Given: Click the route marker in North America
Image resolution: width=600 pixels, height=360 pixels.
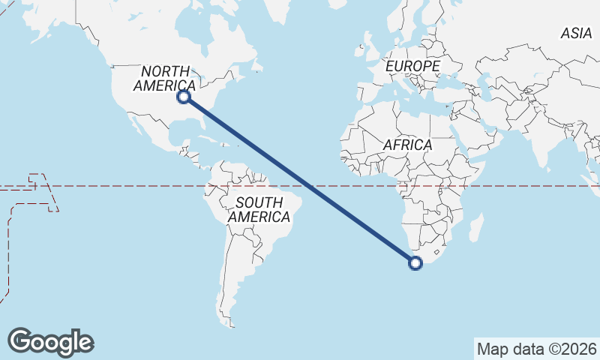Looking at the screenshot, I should (x=184, y=97).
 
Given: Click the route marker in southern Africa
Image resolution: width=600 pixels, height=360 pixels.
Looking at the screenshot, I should (x=415, y=262).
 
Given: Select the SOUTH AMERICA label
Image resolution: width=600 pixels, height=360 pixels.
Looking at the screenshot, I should (x=259, y=210).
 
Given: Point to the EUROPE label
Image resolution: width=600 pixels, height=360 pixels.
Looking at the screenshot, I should (x=412, y=67).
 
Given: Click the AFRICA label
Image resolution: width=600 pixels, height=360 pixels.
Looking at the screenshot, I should (x=407, y=145).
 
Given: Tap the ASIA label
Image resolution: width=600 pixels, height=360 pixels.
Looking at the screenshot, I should (x=576, y=33).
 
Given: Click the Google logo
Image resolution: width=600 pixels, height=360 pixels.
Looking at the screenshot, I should (x=50, y=341).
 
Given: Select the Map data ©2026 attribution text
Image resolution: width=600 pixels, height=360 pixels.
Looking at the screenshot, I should (x=537, y=349).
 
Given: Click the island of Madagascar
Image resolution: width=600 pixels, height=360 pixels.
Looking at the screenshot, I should (x=474, y=227).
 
